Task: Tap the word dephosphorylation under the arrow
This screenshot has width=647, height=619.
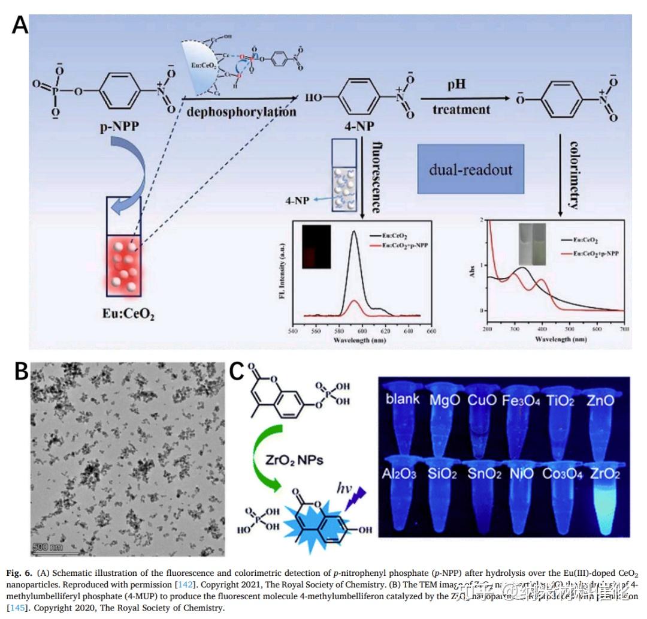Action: coord(240,112)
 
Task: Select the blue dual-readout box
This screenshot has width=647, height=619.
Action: coord(470,169)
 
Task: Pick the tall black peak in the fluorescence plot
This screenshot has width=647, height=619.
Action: coord(355,234)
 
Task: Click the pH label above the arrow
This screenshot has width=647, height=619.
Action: coord(455,86)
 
